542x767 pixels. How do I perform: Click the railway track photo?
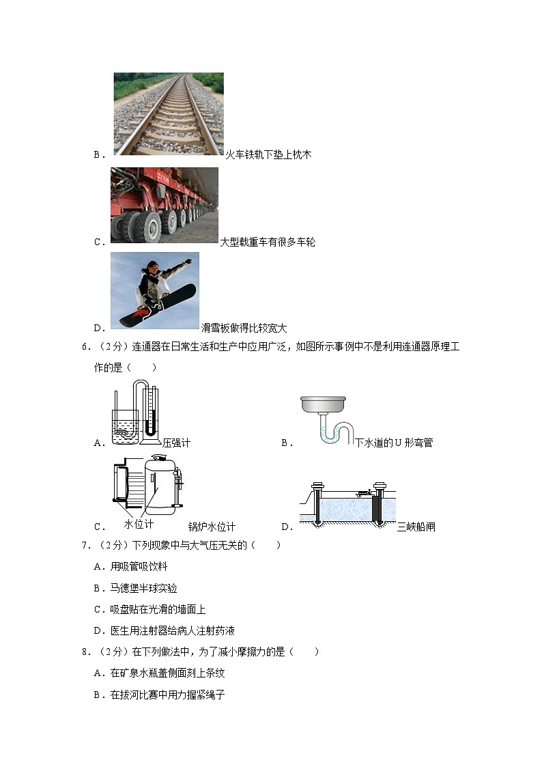(168, 114)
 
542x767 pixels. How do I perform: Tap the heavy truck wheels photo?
(164, 206)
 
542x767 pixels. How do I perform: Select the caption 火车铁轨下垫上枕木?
(268, 155)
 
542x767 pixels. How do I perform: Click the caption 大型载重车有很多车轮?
(267, 242)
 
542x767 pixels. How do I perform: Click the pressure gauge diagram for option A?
(134, 413)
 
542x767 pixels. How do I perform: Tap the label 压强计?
(176, 443)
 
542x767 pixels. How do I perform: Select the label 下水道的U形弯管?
(394, 443)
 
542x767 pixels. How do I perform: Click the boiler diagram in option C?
(149, 487)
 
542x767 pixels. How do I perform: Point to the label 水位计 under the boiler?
(139, 524)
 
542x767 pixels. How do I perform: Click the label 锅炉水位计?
(212, 527)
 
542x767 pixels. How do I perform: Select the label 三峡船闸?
(416, 527)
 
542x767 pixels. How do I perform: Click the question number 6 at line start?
(85, 346)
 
